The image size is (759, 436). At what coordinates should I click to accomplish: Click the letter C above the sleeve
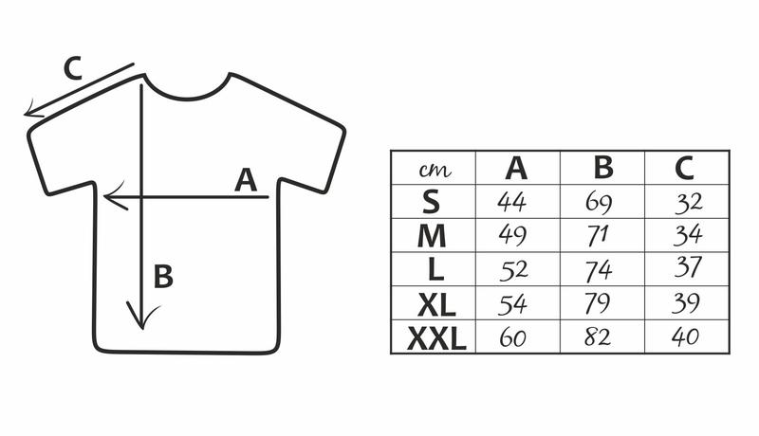pyautogui.click(x=73, y=68)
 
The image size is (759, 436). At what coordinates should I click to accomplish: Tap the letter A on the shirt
pyautogui.click(x=246, y=180)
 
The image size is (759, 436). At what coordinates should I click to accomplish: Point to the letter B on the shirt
pyautogui.click(x=163, y=277)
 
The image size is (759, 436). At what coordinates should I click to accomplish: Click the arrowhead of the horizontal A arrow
pyautogui.click(x=115, y=196)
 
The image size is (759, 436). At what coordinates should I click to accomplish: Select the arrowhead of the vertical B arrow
pyautogui.click(x=142, y=316)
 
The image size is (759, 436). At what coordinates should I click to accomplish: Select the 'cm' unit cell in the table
pyautogui.click(x=435, y=169)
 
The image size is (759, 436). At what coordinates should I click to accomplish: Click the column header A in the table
pyautogui.click(x=516, y=168)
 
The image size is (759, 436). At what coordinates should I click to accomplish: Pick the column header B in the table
pyautogui.click(x=603, y=167)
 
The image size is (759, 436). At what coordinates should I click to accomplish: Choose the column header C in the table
pyautogui.click(x=684, y=168)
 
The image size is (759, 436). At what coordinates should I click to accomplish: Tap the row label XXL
pyautogui.click(x=436, y=338)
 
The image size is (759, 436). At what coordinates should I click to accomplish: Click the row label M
pyautogui.click(x=432, y=236)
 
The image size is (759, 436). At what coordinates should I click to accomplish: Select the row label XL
pyautogui.click(x=436, y=305)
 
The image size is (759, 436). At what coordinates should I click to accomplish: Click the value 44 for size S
pyautogui.click(x=511, y=202)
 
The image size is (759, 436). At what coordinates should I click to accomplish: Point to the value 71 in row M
pyautogui.click(x=598, y=236)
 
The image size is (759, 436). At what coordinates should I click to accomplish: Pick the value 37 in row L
pyautogui.click(x=688, y=267)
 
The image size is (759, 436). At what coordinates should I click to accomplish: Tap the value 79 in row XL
pyautogui.click(x=598, y=303)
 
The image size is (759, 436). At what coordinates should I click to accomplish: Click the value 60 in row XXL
pyautogui.click(x=512, y=337)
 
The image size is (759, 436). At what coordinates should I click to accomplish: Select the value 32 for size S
pyautogui.click(x=689, y=203)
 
